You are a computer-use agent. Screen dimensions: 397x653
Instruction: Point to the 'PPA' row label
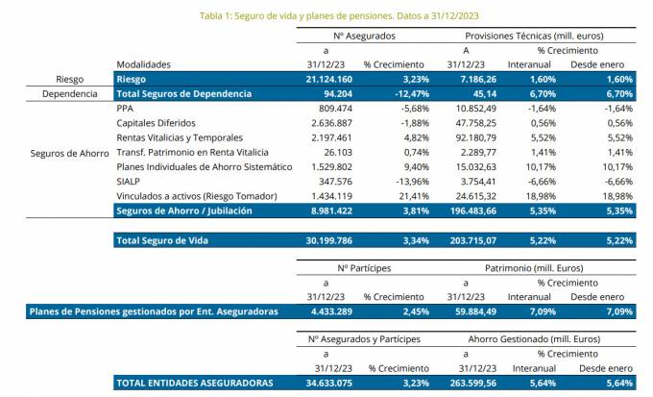click(x=125, y=110)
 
